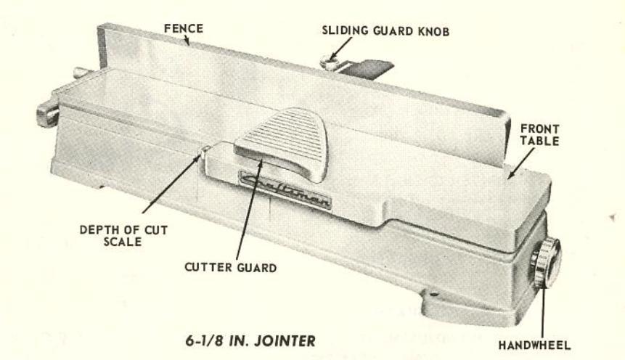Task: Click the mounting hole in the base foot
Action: click(433, 293)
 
